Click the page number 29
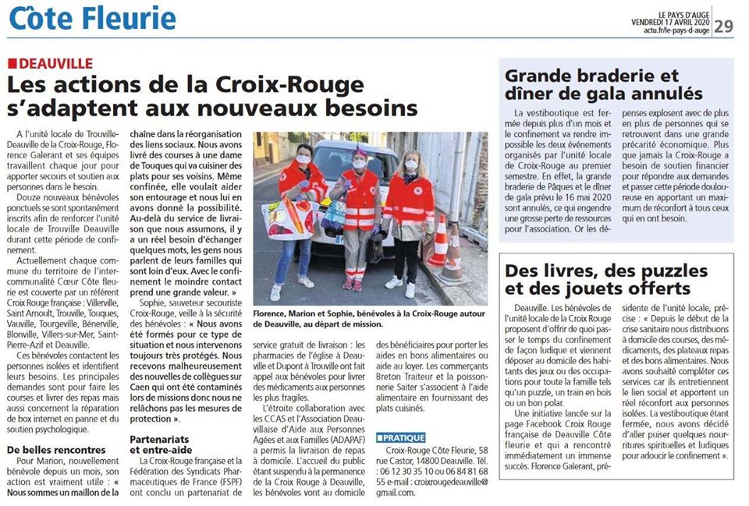tap(723, 26)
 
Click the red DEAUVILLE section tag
tap(51, 63)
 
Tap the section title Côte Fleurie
tap(92, 18)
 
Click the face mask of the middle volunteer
tap(360, 164)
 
